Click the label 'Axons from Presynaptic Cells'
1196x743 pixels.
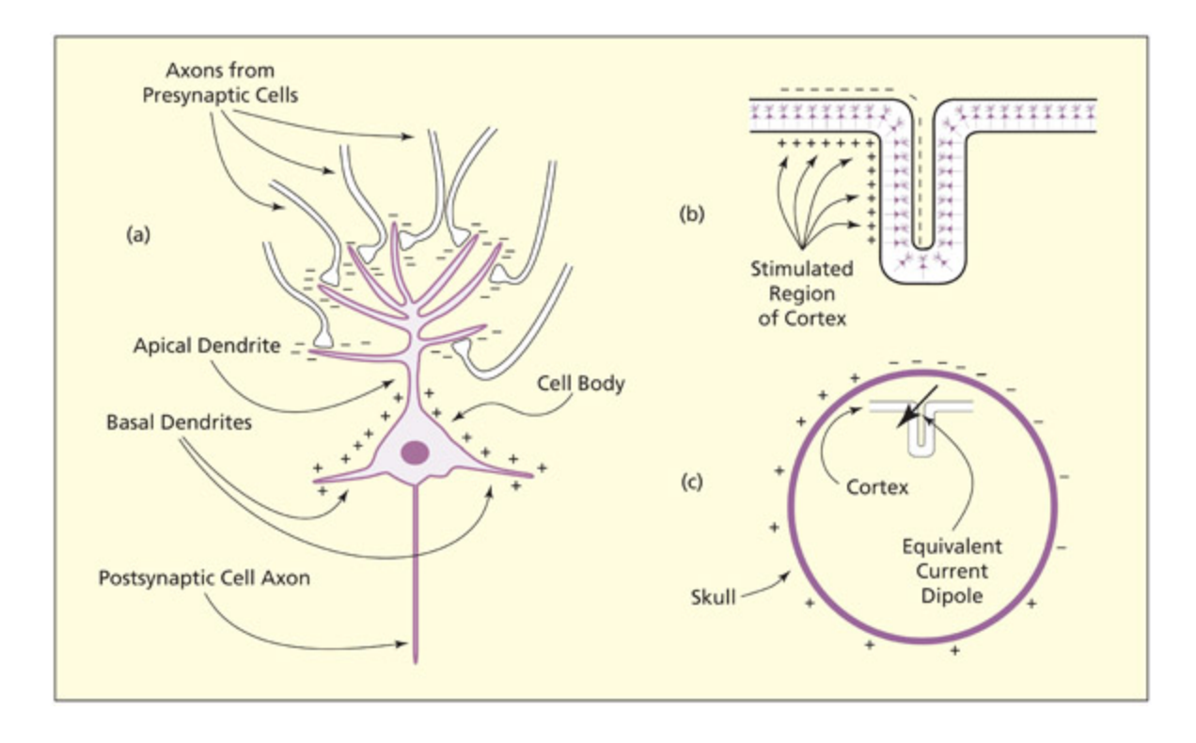(220, 83)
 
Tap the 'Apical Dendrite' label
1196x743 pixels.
(206, 345)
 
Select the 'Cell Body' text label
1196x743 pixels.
(580, 384)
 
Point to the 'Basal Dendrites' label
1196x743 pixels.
(179, 422)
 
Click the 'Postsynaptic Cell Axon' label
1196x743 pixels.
(204, 577)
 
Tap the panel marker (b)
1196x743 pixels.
(692, 213)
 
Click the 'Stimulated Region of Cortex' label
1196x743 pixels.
(802, 292)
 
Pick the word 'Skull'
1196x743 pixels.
(713, 595)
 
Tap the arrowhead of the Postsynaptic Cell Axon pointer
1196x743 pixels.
(407, 645)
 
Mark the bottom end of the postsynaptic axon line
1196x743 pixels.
(415, 661)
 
